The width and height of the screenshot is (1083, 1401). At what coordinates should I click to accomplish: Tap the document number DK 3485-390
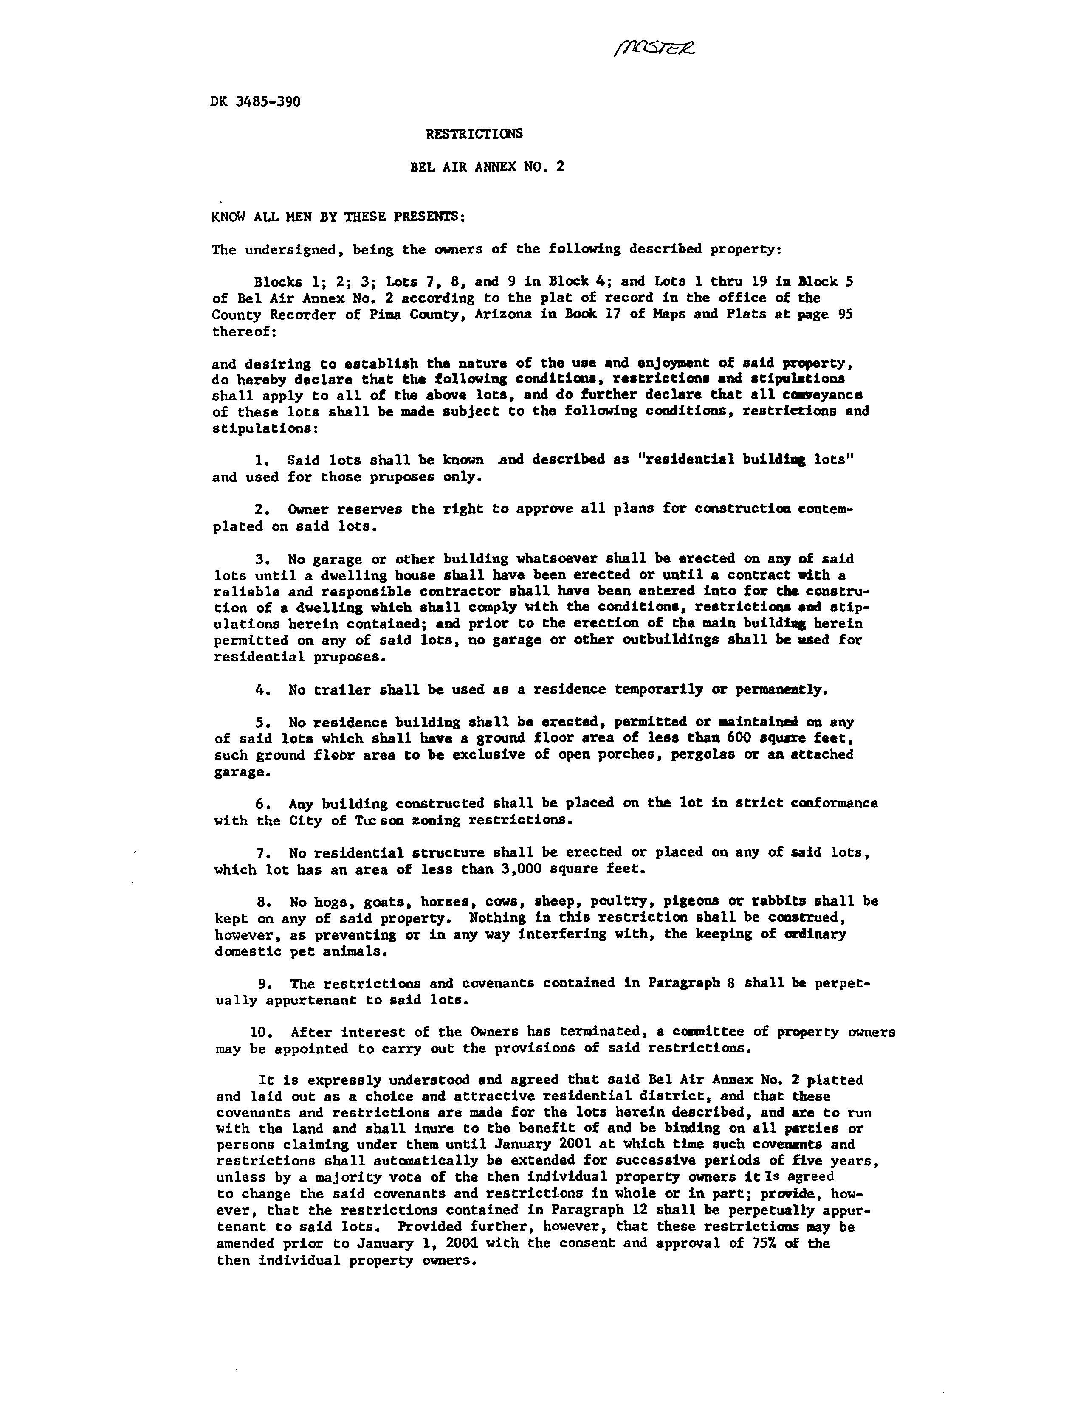click(x=255, y=102)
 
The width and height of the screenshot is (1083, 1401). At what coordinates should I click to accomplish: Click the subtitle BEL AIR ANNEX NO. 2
click(x=487, y=167)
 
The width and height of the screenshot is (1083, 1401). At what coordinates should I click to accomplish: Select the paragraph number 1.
click(x=260, y=460)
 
